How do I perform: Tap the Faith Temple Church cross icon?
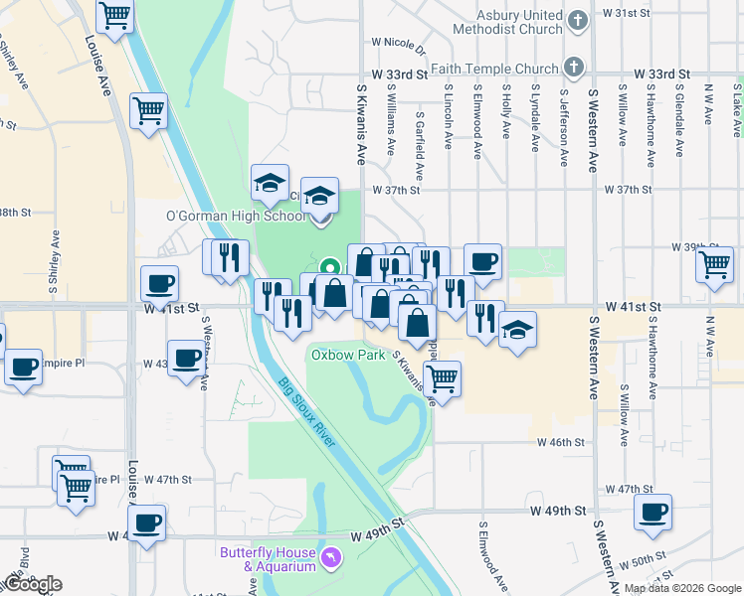click(572, 68)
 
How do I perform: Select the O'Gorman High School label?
click(236, 217)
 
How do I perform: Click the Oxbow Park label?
click(347, 354)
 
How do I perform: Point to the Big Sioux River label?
click(307, 412)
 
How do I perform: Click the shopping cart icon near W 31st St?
click(115, 15)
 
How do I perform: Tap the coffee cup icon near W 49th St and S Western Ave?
click(652, 512)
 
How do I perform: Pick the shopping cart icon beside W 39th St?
click(714, 264)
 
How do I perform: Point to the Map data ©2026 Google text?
click(682, 588)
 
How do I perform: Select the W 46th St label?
click(557, 443)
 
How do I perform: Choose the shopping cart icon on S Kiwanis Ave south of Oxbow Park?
click(441, 377)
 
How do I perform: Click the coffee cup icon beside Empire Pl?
click(23, 367)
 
